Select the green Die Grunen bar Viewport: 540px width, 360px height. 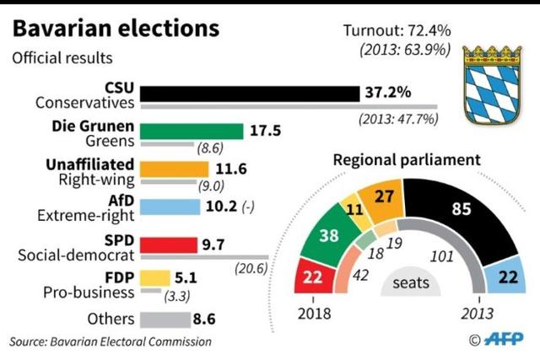(191, 132)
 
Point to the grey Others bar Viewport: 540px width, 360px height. (165, 320)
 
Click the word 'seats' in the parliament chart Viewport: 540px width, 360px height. (410, 283)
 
